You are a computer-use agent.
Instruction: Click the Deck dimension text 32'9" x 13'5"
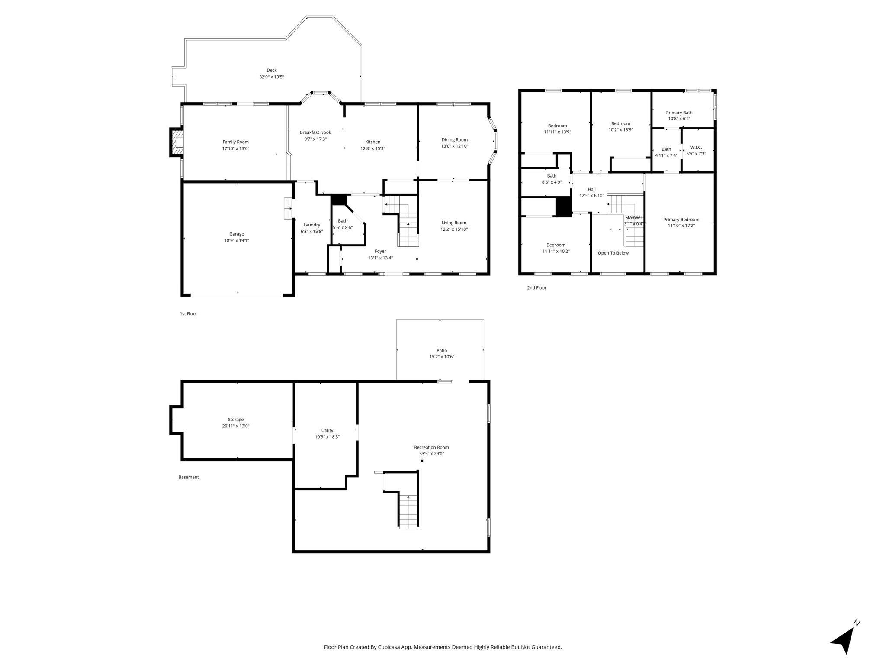tap(271, 77)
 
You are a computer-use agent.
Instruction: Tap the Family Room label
tap(235, 142)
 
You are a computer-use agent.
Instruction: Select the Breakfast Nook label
tap(315, 132)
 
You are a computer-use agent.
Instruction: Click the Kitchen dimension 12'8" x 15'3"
tap(372, 148)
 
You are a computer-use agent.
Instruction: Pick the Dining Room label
tap(454, 140)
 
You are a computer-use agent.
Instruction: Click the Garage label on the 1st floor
tap(237, 234)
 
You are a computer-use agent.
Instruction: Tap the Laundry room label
tap(311, 225)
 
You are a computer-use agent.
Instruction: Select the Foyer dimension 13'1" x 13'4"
tap(380, 258)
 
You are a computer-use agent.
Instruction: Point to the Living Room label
tap(454, 223)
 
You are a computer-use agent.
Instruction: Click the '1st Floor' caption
tap(188, 314)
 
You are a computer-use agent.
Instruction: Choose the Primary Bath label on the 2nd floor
tap(679, 113)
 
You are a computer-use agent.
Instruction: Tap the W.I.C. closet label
tap(696, 147)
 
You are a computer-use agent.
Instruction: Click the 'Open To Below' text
tap(613, 253)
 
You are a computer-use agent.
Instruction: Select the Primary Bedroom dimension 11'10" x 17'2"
tap(681, 226)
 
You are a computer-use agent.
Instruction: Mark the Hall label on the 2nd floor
tap(591, 189)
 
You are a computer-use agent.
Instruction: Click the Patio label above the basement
tap(441, 351)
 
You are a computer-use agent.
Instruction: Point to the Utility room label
tap(327, 431)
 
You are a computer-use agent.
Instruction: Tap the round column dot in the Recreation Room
tap(422, 461)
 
